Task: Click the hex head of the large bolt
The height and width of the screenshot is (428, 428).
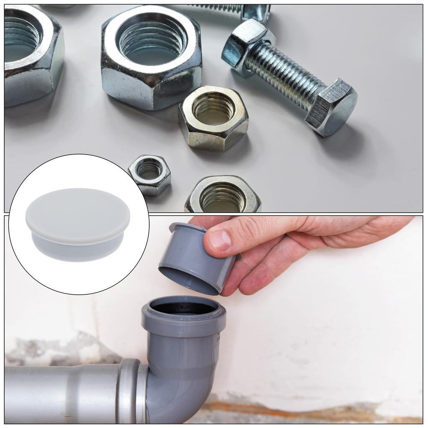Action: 331,107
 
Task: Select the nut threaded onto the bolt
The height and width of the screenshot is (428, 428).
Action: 247,46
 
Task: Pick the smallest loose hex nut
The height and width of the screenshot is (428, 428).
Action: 150,174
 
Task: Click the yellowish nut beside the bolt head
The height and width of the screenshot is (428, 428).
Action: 214,117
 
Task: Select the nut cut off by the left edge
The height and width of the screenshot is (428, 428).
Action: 29,54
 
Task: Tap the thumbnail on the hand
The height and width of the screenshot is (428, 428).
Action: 220,240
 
